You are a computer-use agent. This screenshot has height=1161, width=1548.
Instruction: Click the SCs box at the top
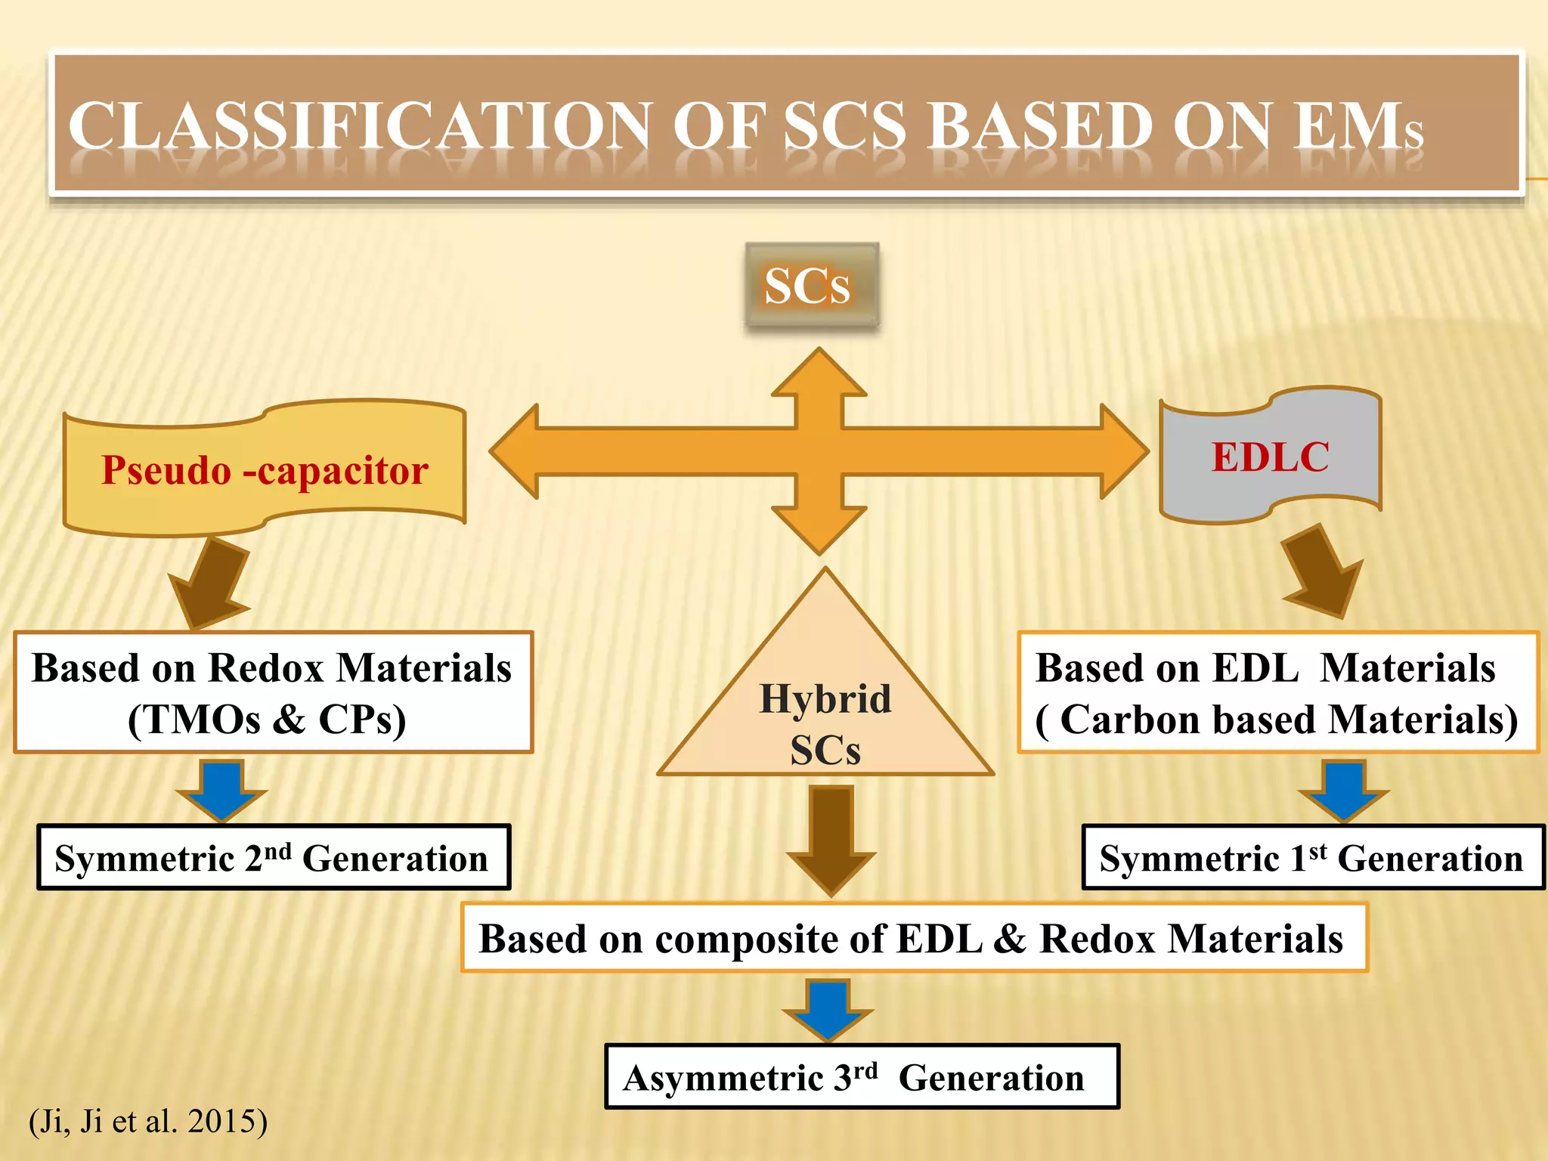[x=811, y=286]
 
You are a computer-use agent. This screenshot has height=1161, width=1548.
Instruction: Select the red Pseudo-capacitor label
[x=265, y=470]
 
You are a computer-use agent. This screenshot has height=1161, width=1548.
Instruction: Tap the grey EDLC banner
[x=1270, y=457]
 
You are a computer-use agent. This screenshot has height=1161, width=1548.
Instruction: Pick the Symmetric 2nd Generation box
[x=274, y=857]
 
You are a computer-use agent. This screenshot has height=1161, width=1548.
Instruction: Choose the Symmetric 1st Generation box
[x=1311, y=857]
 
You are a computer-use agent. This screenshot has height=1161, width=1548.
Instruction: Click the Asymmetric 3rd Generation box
[x=862, y=1077]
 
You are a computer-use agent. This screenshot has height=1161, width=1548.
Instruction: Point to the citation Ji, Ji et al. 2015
[x=148, y=1120]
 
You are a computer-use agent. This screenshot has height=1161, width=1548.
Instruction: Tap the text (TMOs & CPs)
[x=267, y=719]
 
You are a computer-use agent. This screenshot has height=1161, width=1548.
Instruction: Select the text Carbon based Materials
[x=1285, y=719]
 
